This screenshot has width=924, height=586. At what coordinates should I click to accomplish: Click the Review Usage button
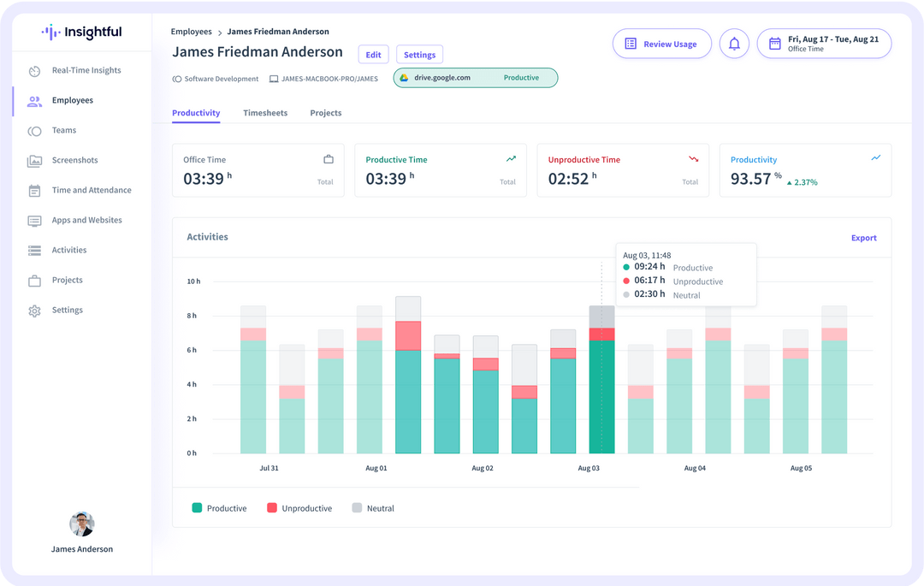pyautogui.click(x=661, y=44)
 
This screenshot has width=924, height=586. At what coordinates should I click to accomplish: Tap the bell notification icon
pyautogui.click(x=734, y=44)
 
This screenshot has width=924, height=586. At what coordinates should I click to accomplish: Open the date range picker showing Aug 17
pyautogui.click(x=823, y=44)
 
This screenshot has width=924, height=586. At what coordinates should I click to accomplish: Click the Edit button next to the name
pyautogui.click(x=373, y=55)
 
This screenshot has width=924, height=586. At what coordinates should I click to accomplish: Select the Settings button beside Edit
pyautogui.click(x=419, y=55)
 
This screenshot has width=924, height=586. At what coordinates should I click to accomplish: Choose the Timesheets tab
pyautogui.click(x=265, y=113)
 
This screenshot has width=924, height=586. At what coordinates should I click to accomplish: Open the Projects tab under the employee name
pyautogui.click(x=325, y=113)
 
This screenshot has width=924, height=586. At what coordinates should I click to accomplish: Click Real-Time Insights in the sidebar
pyautogui.click(x=86, y=70)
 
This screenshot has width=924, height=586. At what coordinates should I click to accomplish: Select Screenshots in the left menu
pyautogui.click(x=74, y=160)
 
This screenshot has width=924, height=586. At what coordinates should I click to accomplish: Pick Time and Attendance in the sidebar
pyautogui.click(x=91, y=190)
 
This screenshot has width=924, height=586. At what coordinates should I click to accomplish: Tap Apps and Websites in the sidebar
pyautogui.click(x=86, y=220)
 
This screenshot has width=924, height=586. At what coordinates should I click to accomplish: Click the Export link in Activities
pyautogui.click(x=863, y=238)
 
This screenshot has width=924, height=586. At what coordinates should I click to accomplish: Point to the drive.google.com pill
pyautogui.click(x=475, y=78)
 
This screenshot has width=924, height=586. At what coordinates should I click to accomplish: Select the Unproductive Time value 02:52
pyautogui.click(x=568, y=180)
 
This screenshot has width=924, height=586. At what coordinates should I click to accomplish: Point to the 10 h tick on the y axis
pyautogui.click(x=193, y=281)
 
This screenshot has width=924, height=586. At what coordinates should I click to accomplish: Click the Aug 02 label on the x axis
pyautogui.click(x=483, y=469)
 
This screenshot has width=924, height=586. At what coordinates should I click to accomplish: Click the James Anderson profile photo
pyautogui.click(x=81, y=524)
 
